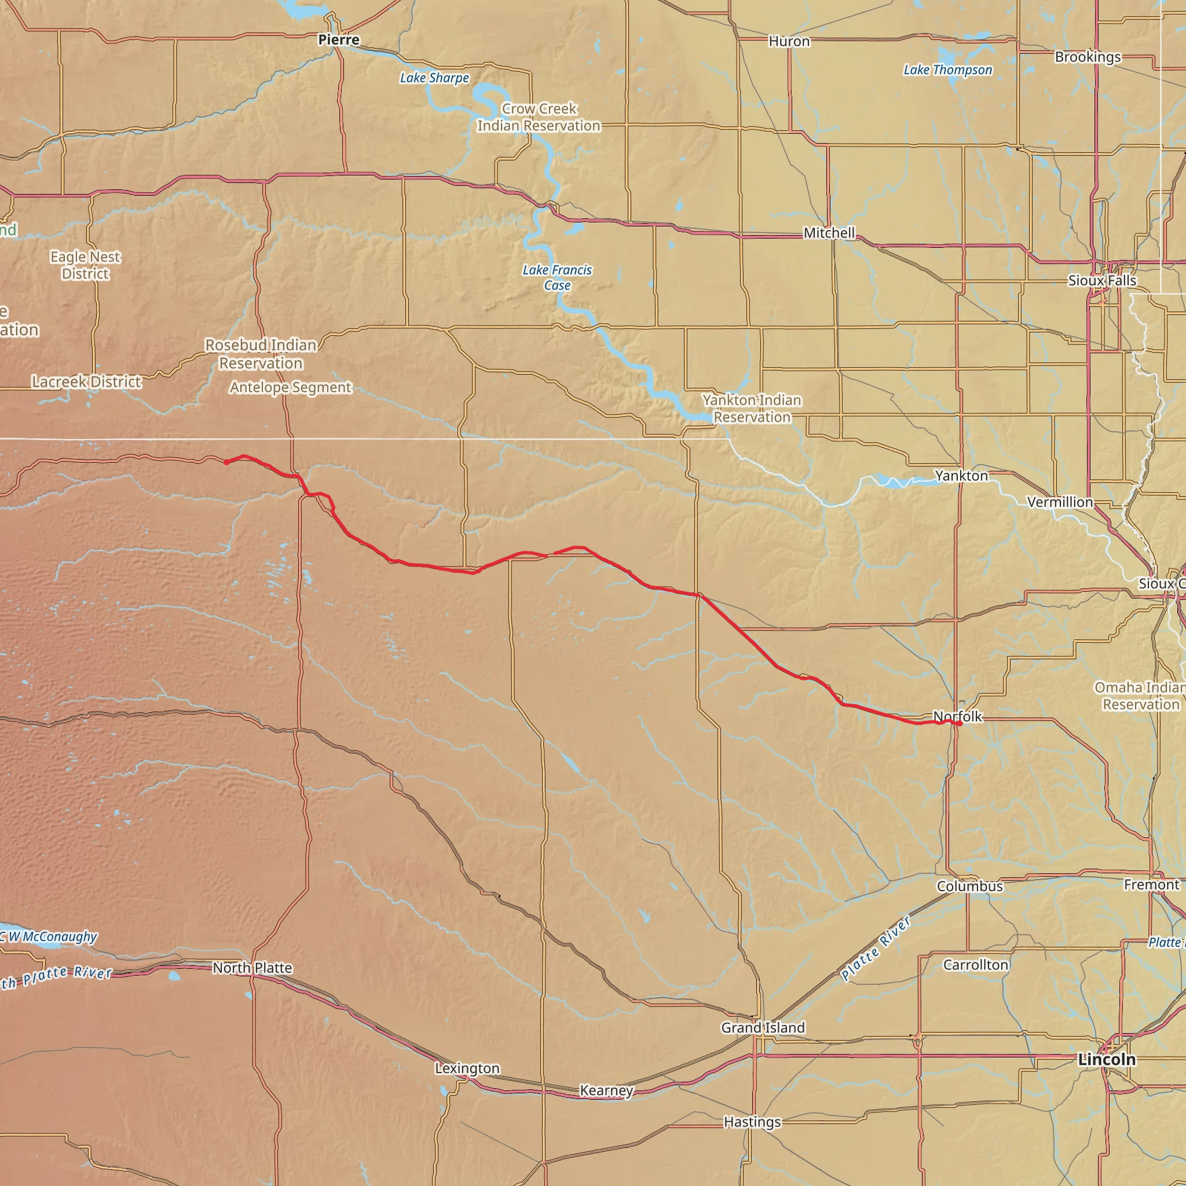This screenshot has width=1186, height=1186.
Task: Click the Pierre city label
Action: click(x=338, y=40)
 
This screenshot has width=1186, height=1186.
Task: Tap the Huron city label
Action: click(x=789, y=42)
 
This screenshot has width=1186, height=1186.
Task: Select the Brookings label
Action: click(x=1088, y=57)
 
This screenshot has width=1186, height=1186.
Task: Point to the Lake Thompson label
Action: click(x=947, y=70)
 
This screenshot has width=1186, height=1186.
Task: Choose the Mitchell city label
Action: click(x=829, y=233)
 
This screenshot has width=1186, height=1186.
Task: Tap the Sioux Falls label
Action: click(x=1102, y=280)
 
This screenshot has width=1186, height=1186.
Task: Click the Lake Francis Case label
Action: click(x=557, y=277)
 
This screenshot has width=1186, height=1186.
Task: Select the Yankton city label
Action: click(x=961, y=476)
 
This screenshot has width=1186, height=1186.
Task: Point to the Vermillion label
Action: click(x=1060, y=502)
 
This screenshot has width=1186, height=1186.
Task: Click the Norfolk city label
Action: click(x=958, y=716)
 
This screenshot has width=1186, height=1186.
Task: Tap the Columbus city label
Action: click(x=969, y=886)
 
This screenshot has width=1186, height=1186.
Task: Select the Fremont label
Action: click(x=1151, y=885)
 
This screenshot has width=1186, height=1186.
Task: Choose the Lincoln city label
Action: click(x=1107, y=1059)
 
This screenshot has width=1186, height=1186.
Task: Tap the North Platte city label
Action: click(x=252, y=968)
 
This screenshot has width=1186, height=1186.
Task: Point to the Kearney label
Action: click(x=606, y=1090)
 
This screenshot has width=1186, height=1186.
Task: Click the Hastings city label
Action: click(x=752, y=1122)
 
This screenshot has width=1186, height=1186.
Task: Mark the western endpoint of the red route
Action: click(x=226, y=462)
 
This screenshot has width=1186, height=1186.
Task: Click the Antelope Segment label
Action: click(x=290, y=387)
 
